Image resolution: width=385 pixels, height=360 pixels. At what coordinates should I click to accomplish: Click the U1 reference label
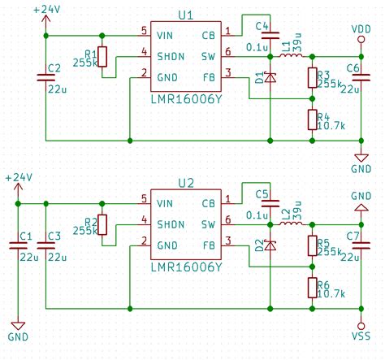click(185, 15)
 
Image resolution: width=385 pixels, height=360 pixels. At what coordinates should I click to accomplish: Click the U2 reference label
click(185, 183)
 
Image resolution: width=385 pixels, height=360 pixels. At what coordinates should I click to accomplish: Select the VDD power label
click(361, 29)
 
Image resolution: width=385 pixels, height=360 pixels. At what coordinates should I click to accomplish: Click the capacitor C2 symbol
click(47, 78)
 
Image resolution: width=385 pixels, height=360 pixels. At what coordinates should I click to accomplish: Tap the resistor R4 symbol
click(313, 120)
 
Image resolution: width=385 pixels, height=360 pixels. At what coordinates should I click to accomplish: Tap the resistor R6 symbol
click(313, 288)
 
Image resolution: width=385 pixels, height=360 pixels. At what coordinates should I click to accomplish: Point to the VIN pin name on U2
click(167, 202)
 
